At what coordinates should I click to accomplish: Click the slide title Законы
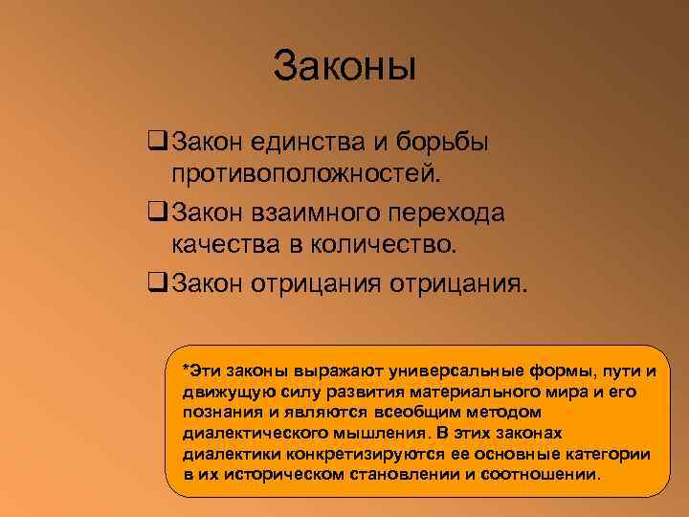[x=344, y=67]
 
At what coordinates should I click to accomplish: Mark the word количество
[x=388, y=246]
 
